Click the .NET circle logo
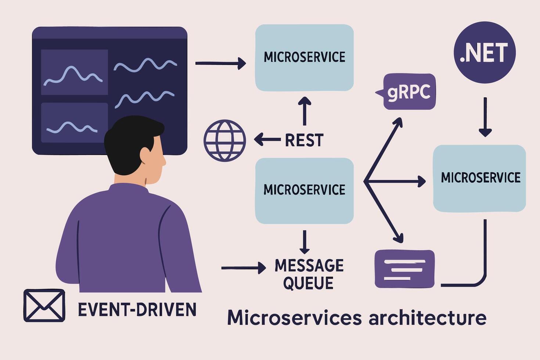point(485,53)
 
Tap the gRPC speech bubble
point(409,92)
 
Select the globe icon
point(224,140)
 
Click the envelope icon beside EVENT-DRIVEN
point(44,306)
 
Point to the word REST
point(304,140)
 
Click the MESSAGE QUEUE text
point(309,274)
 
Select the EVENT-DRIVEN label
point(137,310)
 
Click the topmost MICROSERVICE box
point(304,57)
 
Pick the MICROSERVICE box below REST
point(304,190)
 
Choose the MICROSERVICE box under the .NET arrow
point(479,178)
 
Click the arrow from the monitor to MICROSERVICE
point(220,63)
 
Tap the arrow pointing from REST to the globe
point(267,140)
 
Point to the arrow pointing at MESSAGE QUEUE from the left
point(243,268)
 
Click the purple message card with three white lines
point(404,269)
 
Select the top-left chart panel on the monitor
point(74,72)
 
